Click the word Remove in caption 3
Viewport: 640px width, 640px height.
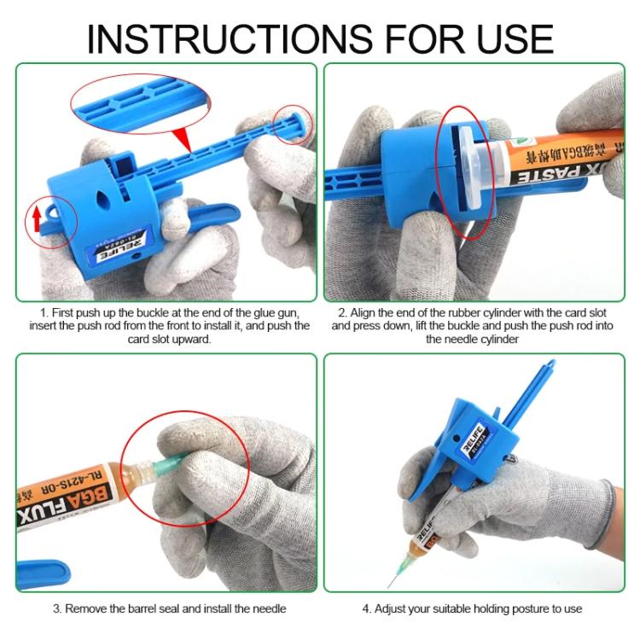click(x=86, y=608)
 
